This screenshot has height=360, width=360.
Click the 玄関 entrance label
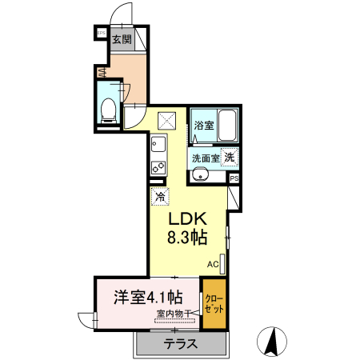(122, 39)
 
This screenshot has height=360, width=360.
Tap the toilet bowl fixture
(109, 110)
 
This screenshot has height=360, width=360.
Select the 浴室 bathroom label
(204, 126)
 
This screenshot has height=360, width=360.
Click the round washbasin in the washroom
(202, 177)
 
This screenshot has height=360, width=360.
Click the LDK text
(188, 219)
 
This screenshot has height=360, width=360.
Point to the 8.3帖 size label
(188, 238)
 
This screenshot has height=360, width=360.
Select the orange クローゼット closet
(214, 303)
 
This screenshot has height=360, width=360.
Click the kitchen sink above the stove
(158, 146)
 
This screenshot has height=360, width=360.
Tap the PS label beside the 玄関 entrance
(101, 33)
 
